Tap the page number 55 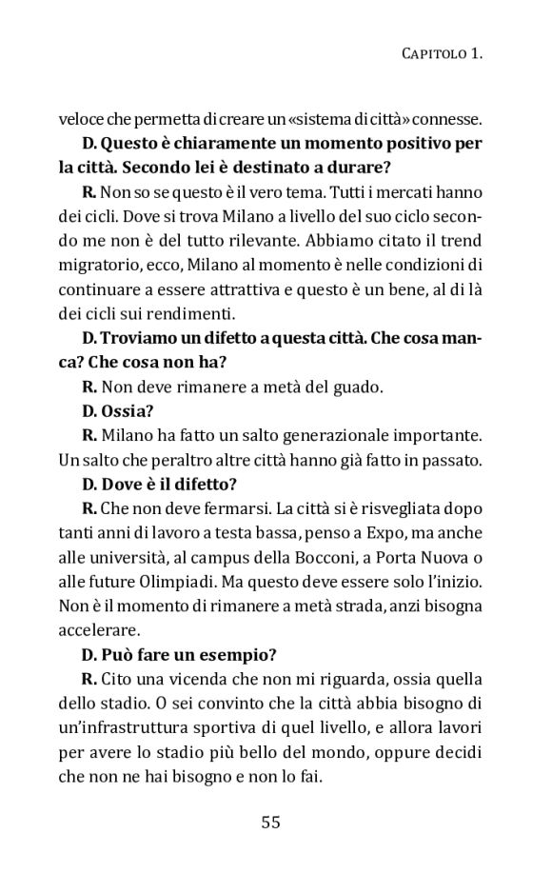[x=270, y=822]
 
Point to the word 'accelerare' [x=99, y=630]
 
